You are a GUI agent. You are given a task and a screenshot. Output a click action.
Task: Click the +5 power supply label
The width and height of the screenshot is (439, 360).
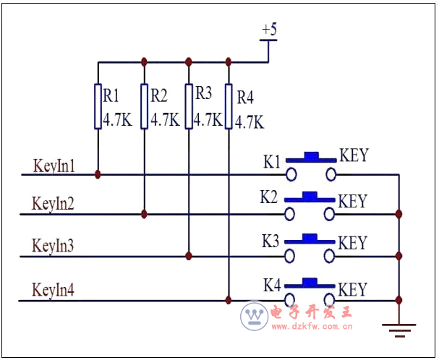tap(269, 30)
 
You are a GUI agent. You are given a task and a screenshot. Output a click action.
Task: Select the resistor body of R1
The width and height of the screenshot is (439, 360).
tap(98, 106)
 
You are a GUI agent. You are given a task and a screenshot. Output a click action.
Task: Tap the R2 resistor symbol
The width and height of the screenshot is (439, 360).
tap(145, 106)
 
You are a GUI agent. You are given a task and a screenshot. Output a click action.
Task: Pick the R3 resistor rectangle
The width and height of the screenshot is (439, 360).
tap(189, 106)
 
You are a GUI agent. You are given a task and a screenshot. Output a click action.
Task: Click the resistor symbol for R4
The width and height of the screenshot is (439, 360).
tap(229, 106)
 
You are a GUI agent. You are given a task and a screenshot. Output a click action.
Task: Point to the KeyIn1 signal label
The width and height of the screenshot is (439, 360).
tap(54, 166)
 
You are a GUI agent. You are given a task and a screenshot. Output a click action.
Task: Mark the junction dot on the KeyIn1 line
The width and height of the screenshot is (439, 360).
tap(98, 174)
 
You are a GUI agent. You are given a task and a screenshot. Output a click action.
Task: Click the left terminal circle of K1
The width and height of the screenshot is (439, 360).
tap(291, 174)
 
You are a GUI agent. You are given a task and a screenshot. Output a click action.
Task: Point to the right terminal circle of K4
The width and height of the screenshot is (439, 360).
tap(331, 299)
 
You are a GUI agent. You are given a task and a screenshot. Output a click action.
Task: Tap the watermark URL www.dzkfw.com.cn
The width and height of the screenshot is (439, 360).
tap(312, 327)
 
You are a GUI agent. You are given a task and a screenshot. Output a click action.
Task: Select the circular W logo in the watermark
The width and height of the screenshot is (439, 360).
tap(254, 316)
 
